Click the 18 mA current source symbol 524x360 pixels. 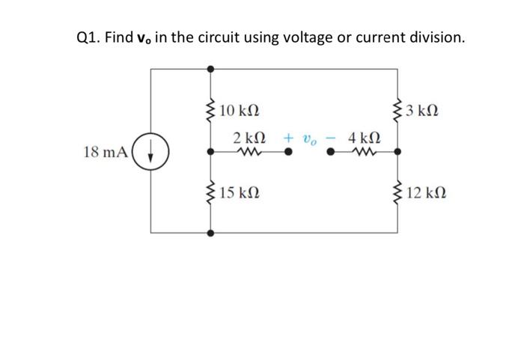[x=151, y=152]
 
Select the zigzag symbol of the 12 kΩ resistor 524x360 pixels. [x=397, y=193]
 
